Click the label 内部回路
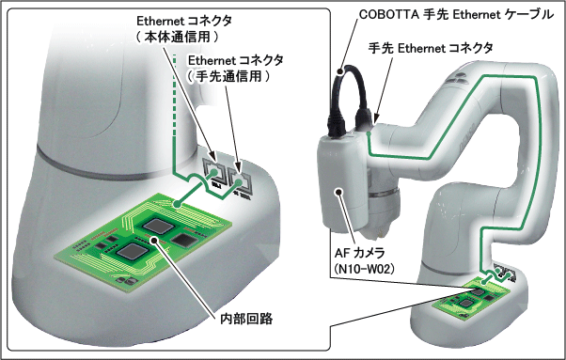point(246,319)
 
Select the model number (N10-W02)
point(364,269)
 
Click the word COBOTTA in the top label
point(389,14)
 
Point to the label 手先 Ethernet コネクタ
point(431,48)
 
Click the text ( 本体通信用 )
point(178,37)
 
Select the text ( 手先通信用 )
point(228,76)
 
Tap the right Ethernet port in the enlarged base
point(239,180)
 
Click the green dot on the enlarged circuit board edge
point(177,204)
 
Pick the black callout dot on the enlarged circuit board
point(155,240)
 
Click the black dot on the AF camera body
point(338,192)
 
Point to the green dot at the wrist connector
point(369,133)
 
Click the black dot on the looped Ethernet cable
point(339,71)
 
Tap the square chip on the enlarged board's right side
point(182,239)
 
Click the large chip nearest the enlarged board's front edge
point(130,251)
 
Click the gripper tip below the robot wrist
point(377,233)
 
